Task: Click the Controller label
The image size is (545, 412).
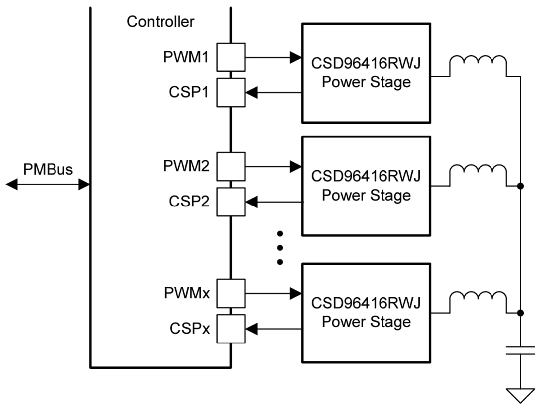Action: (161, 22)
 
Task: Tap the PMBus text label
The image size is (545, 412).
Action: (48, 169)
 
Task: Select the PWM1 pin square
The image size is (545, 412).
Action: (230, 57)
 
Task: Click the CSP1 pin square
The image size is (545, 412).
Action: (230, 92)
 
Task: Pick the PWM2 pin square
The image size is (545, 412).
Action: (230, 166)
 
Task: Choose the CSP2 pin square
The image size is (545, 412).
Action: (230, 202)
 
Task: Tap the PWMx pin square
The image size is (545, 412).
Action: (230, 293)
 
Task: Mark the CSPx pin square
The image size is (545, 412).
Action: (230, 329)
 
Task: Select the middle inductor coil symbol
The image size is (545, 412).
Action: (478, 175)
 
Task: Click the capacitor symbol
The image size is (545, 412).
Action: (520, 351)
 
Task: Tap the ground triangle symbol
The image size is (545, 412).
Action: (520, 395)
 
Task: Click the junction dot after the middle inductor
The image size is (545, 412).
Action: (520, 186)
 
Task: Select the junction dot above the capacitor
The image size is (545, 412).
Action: (520, 313)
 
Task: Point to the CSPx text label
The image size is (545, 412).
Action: (190, 329)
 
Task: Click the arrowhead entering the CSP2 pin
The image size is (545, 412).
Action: (252, 202)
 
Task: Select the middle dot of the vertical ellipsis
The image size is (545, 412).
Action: (280, 247)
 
